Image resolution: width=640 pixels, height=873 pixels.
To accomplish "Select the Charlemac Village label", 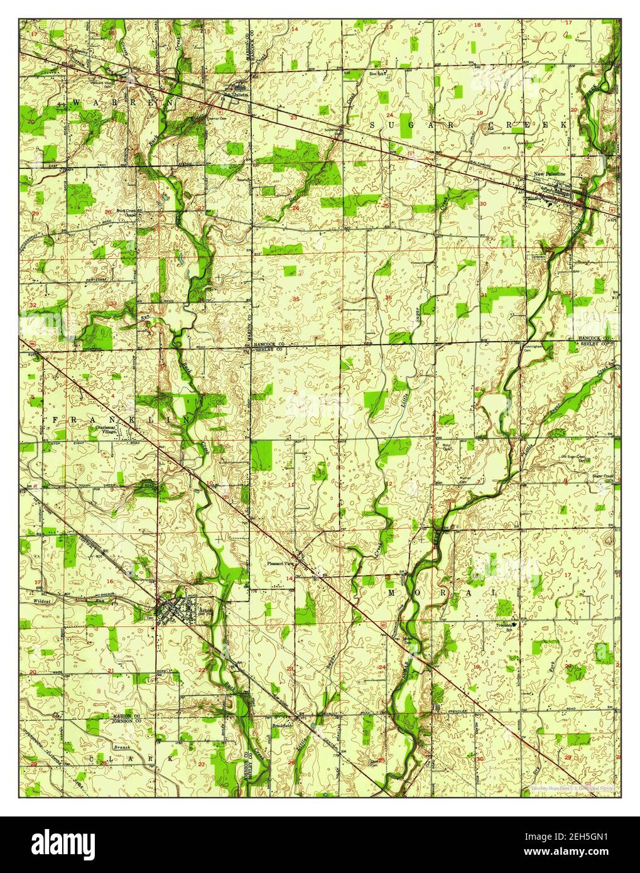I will pos(117,433).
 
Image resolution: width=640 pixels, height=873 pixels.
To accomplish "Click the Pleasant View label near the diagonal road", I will pos(279,563).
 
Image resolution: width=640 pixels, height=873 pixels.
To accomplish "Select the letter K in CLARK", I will pos(170,759).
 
